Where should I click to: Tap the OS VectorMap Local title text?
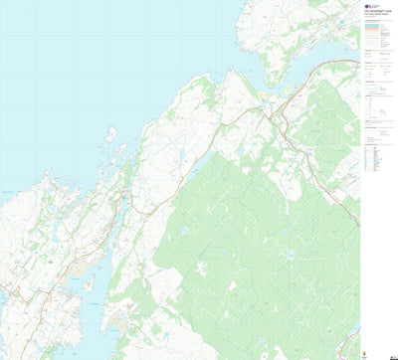[x=377, y=16]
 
